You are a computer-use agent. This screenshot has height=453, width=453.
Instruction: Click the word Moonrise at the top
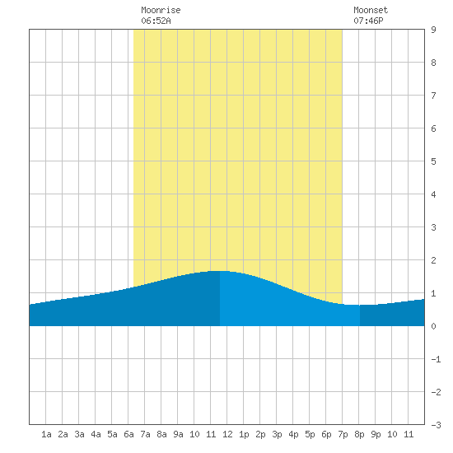(x=161, y=10)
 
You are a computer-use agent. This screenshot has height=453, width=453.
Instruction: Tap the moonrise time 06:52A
(x=156, y=21)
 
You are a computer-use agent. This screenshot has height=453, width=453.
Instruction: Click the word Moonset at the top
(x=371, y=10)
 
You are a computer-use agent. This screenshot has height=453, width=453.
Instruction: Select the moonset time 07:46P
(x=368, y=21)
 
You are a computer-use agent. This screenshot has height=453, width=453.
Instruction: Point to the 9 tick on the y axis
(x=433, y=30)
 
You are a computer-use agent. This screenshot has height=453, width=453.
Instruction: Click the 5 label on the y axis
(x=433, y=161)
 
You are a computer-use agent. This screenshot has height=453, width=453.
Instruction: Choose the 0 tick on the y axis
(x=433, y=326)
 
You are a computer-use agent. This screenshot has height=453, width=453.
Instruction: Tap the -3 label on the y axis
(x=436, y=425)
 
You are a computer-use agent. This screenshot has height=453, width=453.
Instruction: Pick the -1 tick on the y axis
(x=436, y=359)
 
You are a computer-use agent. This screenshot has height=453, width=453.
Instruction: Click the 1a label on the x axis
(x=46, y=434)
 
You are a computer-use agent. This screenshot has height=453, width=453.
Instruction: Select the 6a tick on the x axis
(x=128, y=434)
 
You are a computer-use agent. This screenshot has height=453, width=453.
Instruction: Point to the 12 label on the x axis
(x=227, y=434)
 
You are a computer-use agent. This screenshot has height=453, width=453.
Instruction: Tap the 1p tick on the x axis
(x=244, y=434)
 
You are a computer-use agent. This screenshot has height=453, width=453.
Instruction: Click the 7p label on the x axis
(x=343, y=434)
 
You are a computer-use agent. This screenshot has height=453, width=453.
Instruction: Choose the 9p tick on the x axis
(x=376, y=434)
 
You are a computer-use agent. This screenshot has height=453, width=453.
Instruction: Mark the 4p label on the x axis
(x=293, y=434)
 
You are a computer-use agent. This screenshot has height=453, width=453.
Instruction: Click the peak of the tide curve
(x=220, y=271)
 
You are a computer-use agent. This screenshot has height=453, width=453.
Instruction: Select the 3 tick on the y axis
(x=433, y=227)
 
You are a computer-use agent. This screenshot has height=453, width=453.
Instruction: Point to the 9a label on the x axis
(x=178, y=434)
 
